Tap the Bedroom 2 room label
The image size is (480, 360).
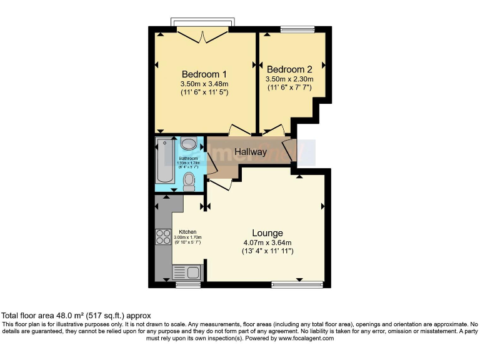coord(289,69)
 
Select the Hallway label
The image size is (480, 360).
coord(251,152)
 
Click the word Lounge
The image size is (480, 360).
coord(267,233)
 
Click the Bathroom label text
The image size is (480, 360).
coord(171,159)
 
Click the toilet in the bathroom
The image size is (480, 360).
coord(190,181)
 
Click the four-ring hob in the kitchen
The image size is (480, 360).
coord(163,237)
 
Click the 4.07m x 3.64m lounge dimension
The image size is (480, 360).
coord(267,242)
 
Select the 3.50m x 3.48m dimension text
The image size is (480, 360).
coord(204,83)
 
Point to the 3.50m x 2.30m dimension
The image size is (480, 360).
coord(289,79)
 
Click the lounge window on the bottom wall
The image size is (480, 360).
coord(297,285)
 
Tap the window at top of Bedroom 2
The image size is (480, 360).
coord(297,29)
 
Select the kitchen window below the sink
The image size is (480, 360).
coord(187,285)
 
